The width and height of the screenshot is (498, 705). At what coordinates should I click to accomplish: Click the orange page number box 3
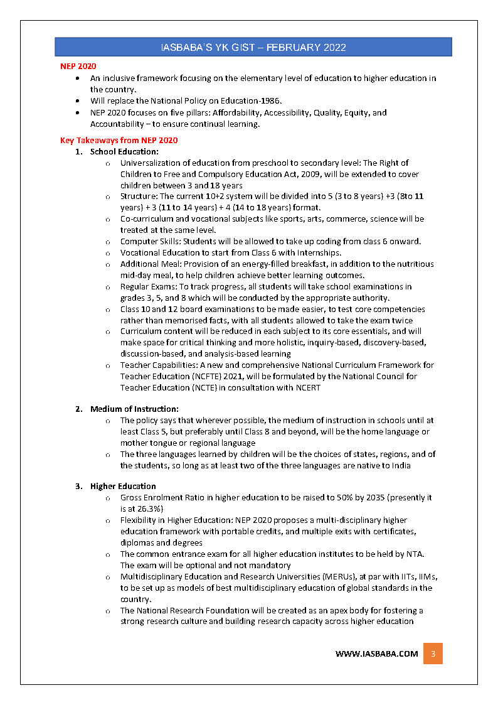point(433,654)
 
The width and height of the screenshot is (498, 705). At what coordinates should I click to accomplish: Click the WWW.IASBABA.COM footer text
point(376,654)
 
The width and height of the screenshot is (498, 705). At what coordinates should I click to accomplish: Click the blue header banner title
point(253,47)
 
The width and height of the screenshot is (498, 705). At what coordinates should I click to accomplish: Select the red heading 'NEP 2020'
point(78,66)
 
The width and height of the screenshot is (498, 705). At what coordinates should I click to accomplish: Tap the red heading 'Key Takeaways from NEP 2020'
point(119,140)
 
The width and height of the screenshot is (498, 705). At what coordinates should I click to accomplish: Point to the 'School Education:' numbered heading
point(124,151)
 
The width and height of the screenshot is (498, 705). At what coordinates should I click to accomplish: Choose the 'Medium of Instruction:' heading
point(134,409)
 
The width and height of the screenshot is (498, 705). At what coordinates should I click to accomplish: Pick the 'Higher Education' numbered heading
point(123,486)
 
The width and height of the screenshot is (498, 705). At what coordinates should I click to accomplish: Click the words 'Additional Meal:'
point(151,264)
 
